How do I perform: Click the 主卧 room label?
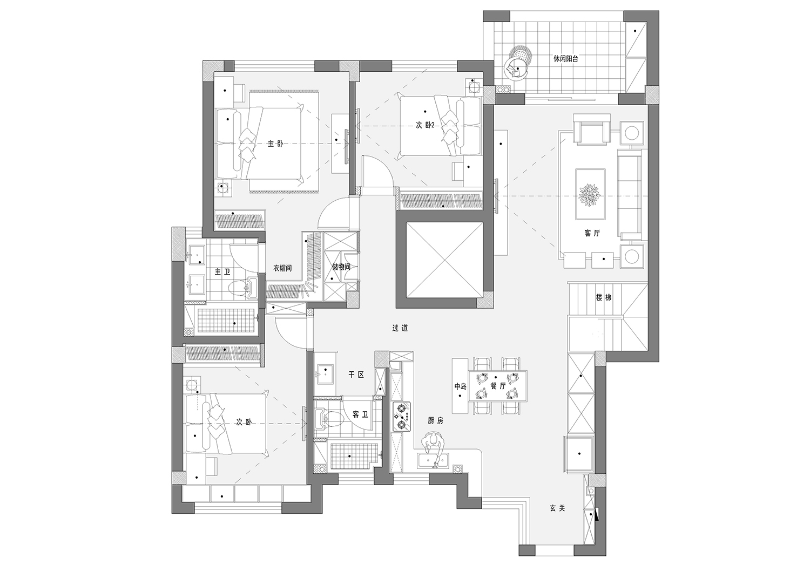coord(275,144)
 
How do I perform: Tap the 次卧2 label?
coord(425,125)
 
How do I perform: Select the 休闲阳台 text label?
coord(566,59)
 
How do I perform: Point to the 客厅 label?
coord(592,233)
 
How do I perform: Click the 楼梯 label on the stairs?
coord(604,298)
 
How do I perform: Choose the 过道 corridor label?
coord(400,329)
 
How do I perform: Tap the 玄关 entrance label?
coord(557,508)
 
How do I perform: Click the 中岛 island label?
coord(460,386)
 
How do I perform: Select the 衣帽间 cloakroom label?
coord(282,268)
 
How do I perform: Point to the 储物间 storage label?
coord(341,267)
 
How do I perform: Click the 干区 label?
coord(356,375)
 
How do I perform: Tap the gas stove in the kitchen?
coord(402,417)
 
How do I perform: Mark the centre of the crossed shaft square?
coord(444,260)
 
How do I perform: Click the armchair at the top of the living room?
coord(592,129)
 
